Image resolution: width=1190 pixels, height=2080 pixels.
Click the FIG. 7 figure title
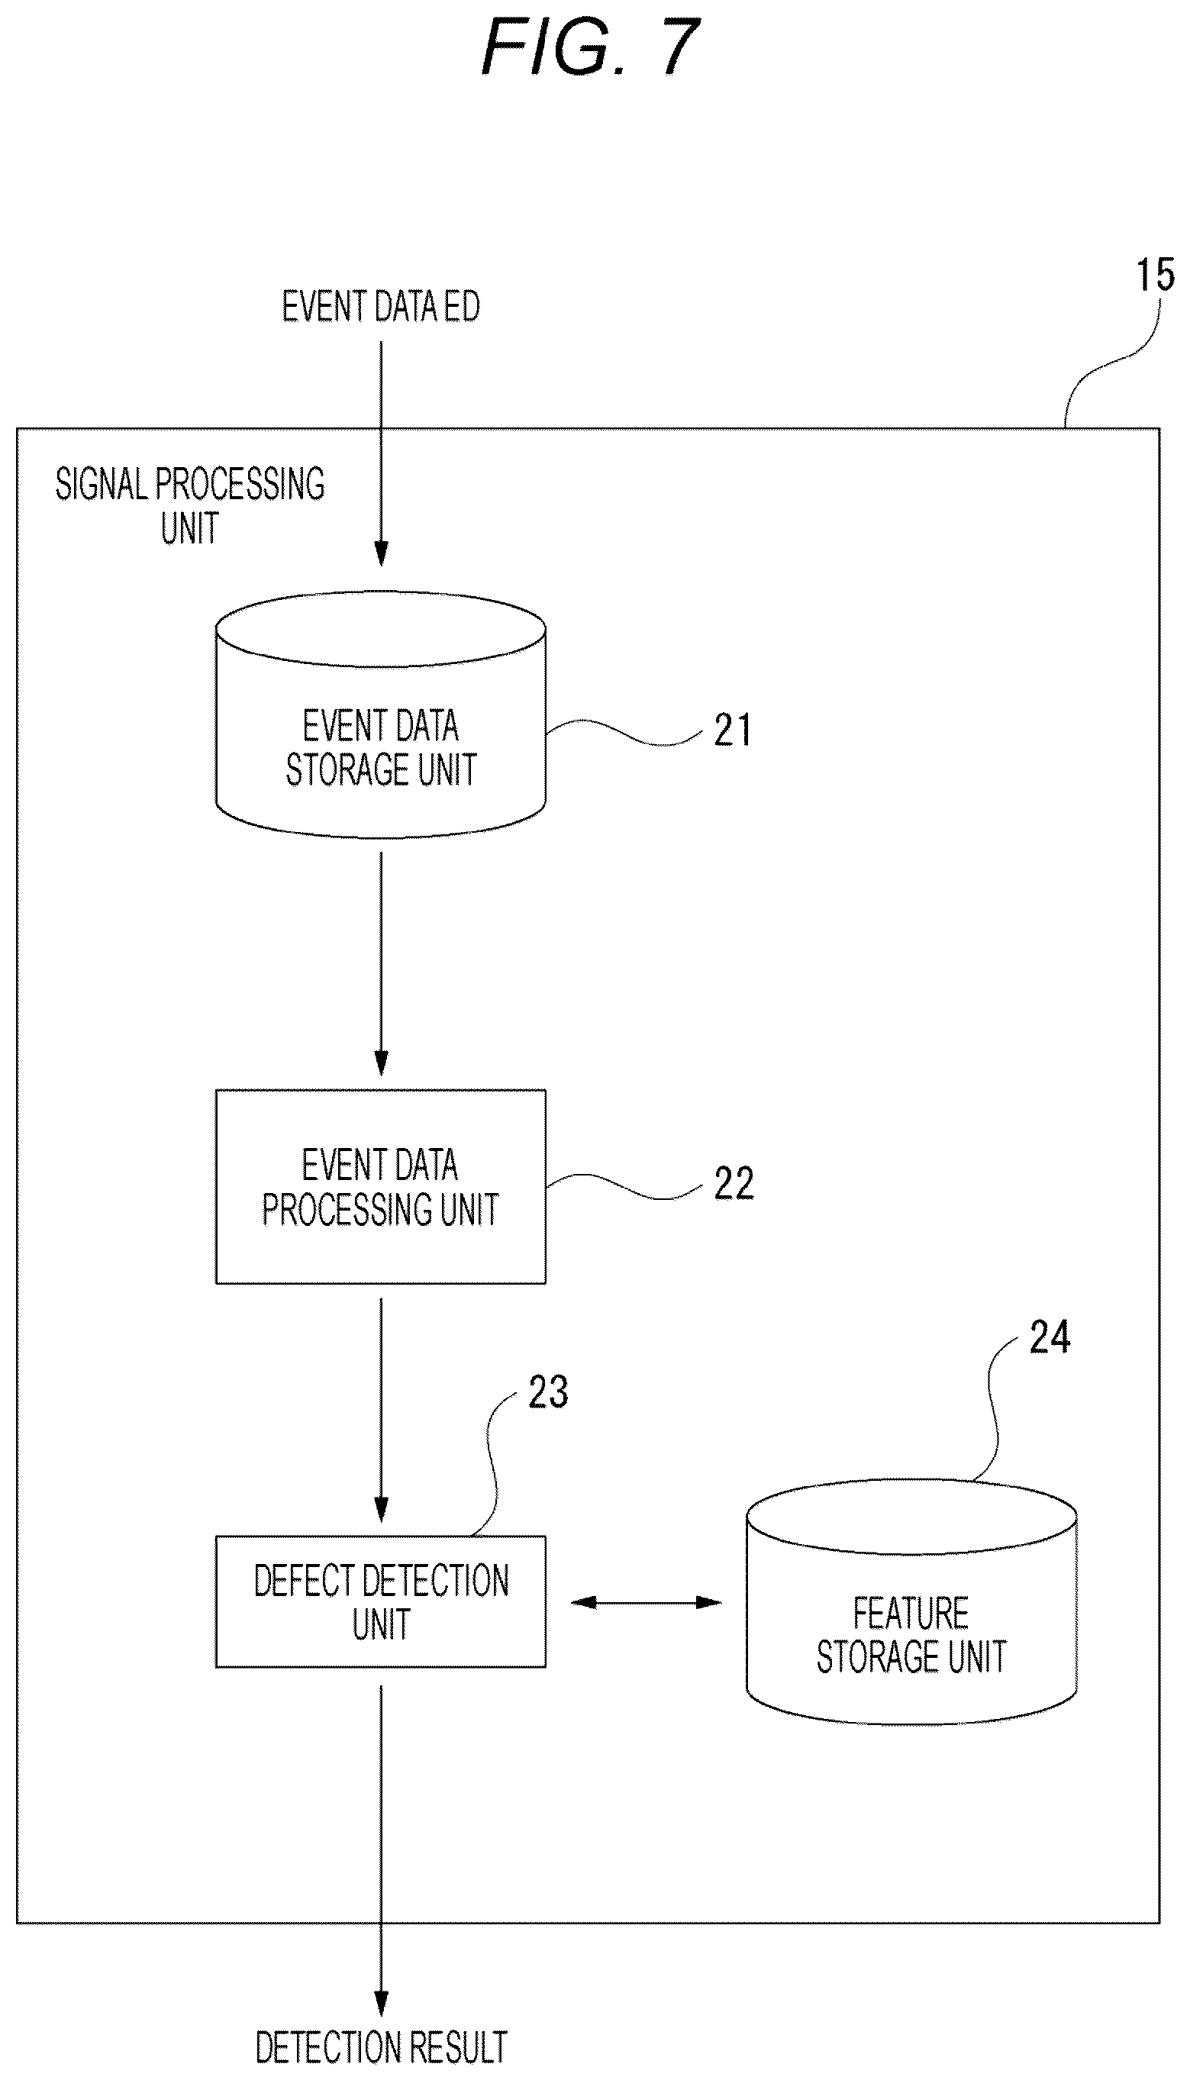(590, 47)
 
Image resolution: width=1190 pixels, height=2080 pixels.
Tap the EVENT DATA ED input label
(381, 307)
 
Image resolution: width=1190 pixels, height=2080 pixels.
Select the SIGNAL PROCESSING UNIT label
(189, 505)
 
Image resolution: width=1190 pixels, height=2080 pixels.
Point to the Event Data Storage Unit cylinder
(381, 715)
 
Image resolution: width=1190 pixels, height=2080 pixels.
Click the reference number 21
(732, 730)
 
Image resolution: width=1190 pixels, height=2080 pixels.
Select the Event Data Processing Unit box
(381, 1187)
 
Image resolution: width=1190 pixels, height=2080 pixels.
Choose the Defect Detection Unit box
(381, 1602)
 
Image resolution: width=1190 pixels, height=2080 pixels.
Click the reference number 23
(547, 1392)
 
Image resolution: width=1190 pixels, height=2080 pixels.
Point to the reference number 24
(1050, 1338)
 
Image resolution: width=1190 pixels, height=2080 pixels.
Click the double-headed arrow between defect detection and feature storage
(646, 1603)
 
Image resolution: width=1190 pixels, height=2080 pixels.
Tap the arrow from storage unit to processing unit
(381, 964)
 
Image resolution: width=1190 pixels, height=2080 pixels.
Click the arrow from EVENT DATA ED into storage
(381, 453)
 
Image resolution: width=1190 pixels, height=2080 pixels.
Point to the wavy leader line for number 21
(624, 732)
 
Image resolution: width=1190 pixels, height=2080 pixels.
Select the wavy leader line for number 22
(624, 1187)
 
